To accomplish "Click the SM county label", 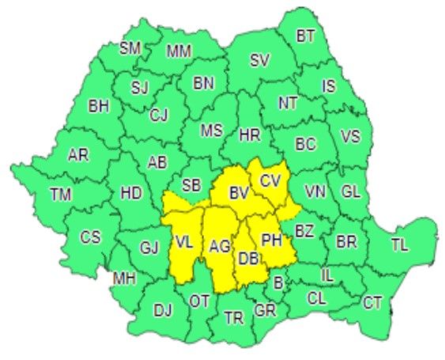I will pos(130,48).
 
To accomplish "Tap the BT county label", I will pos(306,35).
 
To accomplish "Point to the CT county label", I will pos(372,301).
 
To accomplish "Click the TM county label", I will pos(59,193).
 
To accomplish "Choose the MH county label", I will pos(124,278).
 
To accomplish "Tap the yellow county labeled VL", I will pos(184,242).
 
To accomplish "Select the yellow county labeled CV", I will pos(270,180).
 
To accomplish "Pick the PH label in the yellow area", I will pos(271,239).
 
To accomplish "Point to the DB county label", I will pos(248,258).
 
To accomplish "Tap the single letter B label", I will pos(277,282).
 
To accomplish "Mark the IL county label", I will pos(327,275).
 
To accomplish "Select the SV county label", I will pos(260,60).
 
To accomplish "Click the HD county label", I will pos(130,191).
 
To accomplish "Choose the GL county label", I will pos(349,191).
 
